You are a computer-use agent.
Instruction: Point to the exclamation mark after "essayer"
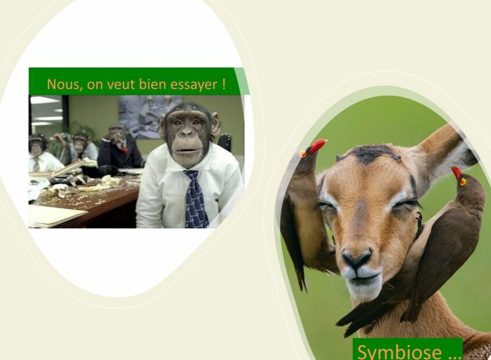click(223, 84)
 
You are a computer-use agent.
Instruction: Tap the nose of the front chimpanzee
click(187, 133)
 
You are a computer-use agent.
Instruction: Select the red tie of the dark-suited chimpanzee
click(124, 148)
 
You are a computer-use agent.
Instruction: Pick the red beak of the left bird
click(318, 146)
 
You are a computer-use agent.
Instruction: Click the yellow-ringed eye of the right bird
click(463, 181)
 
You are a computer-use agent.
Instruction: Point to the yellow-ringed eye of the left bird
click(302, 153)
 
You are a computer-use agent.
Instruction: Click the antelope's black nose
click(357, 258)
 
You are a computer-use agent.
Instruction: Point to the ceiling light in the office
click(45, 100)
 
